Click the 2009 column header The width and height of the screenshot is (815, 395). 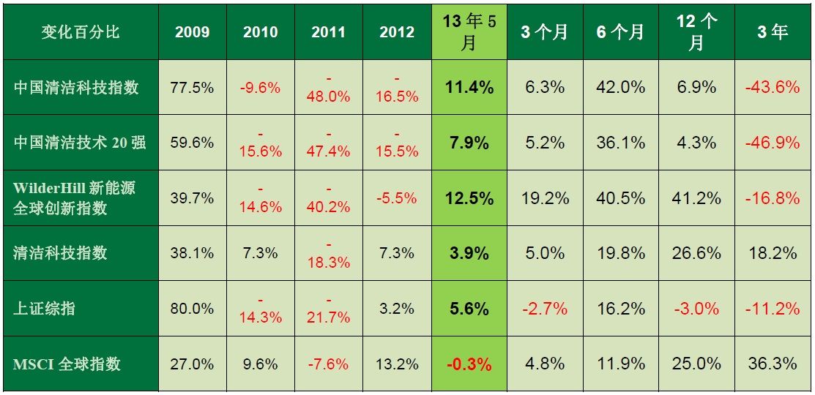click(193, 32)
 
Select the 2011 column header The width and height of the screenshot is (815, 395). click(328, 32)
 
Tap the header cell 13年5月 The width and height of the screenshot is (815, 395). click(469, 32)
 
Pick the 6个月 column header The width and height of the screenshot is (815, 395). click(620, 32)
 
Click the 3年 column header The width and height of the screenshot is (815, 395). click(772, 32)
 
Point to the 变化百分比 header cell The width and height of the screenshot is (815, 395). click(80, 32)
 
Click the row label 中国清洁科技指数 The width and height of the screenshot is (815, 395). click(76, 88)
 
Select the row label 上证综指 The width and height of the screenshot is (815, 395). click(45, 309)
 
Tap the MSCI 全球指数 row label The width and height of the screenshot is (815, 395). click(67, 364)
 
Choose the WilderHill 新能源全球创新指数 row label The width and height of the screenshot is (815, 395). click(74, 197)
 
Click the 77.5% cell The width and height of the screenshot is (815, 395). click(192, 88)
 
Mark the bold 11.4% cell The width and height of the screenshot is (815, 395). click(469, 88)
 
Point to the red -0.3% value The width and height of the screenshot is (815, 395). click(469, 364)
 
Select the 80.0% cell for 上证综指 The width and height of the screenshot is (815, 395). click(192, 309)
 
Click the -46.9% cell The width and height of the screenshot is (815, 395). click(772, 143)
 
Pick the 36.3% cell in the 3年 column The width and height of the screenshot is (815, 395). click(772, 364)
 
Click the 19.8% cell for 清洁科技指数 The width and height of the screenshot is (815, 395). click(620, 253)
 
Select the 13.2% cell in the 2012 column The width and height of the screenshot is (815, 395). click(397, 364)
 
